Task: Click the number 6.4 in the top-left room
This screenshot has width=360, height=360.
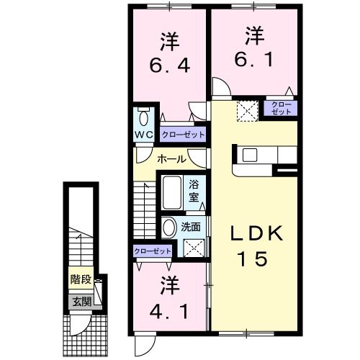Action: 170,66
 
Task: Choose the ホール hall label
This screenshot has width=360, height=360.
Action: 171,159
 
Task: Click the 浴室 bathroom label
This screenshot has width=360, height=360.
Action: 194,189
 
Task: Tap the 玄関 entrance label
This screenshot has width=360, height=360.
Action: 80,301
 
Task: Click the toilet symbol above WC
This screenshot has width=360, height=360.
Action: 143,117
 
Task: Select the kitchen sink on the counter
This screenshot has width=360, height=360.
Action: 250,154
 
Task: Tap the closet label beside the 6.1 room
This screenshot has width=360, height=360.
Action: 282,108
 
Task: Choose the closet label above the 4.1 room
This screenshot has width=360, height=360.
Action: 152,251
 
